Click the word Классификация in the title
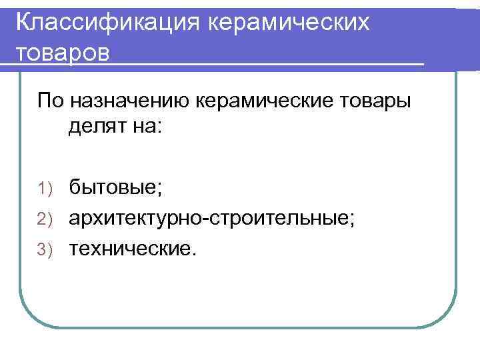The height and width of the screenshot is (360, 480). coord(107,22)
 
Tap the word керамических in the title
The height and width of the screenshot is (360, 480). coord(289,22)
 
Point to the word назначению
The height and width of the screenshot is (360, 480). coord(132,101)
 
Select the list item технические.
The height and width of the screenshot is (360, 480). coord(133,249)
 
